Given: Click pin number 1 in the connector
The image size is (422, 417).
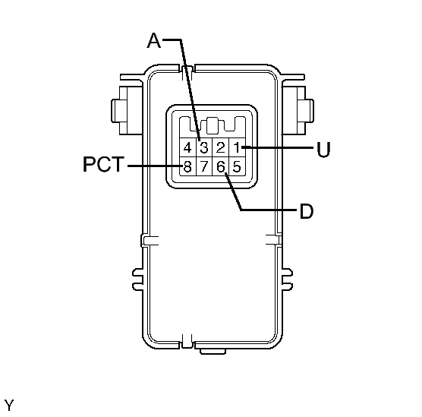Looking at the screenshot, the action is point(237,147).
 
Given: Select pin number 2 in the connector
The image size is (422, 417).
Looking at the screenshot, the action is point(220,147).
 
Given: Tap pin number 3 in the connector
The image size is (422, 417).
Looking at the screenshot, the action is point(204,147).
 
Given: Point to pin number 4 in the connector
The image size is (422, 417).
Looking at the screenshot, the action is point(187,147).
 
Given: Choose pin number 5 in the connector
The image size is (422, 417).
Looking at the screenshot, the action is point(237,166).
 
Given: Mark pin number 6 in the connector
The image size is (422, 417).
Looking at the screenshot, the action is point(220,166).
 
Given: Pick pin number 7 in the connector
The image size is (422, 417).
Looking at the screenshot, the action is point(204,166).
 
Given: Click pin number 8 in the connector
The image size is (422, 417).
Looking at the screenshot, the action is point(187,166).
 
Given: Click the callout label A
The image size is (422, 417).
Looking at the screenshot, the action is point(153,40).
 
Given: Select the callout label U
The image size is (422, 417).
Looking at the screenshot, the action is point(323,150).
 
